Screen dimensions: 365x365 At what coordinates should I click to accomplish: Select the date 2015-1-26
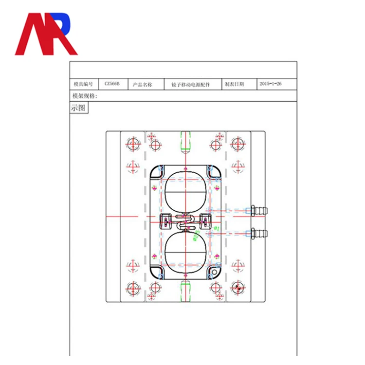pos(271,84)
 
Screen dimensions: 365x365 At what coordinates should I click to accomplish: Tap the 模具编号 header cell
pos(83,84)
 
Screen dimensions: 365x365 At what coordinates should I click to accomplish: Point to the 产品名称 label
pos(143,84)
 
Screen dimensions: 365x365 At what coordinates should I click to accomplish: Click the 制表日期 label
pos(235,84)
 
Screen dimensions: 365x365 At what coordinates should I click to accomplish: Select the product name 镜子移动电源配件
pos(190,84)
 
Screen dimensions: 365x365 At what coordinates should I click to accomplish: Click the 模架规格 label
pos(85,96)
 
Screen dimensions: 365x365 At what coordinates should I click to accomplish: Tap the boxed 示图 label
pos(79,108)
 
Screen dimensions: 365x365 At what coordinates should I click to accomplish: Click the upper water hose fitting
pos(258,211)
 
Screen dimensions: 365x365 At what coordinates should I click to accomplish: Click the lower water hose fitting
pos(258,232)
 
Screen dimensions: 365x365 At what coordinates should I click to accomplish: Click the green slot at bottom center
pos(185,291)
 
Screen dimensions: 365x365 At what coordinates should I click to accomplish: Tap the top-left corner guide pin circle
pos(133,144)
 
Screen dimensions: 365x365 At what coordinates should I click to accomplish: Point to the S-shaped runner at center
pos(185,223)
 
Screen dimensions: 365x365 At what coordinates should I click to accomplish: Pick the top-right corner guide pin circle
pos(237,144)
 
